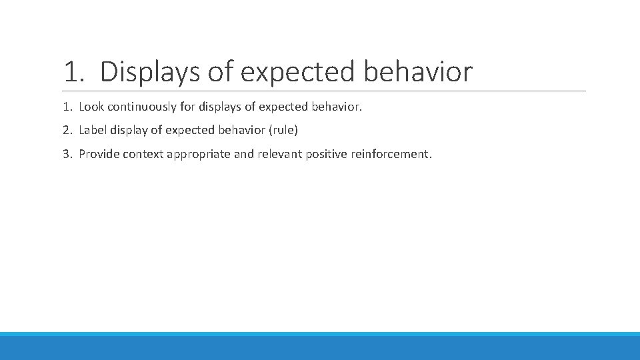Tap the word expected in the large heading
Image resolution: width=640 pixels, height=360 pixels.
pyautogui.click(x=297, y=72)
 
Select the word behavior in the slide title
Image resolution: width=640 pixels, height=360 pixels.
pyautogui.click(x=418, y=72)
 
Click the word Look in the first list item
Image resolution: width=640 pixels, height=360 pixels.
pyautogui.click(x=91, y=107)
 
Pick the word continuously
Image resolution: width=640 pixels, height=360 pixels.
pyautogui.click(x=141, y=107)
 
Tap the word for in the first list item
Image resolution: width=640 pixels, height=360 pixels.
pyautogui.click(x=187, y=107)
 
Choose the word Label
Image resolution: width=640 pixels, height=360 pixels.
pyautogui.click(x=93, y=130)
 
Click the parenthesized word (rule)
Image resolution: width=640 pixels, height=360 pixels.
pyautogui.click(x=284, y=130)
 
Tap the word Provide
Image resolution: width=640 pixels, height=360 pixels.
pyautogui.click(x=99, y=154)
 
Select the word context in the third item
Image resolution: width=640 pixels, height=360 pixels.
pyautogui.click(x=142, y=154)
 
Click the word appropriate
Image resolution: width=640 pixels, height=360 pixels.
pyautogui.click(x=198, y=154)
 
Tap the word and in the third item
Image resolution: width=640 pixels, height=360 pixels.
pyautogui.click(x=244, y=154)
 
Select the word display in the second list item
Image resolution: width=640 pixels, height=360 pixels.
pyautogui.click(x=130, y=130)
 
